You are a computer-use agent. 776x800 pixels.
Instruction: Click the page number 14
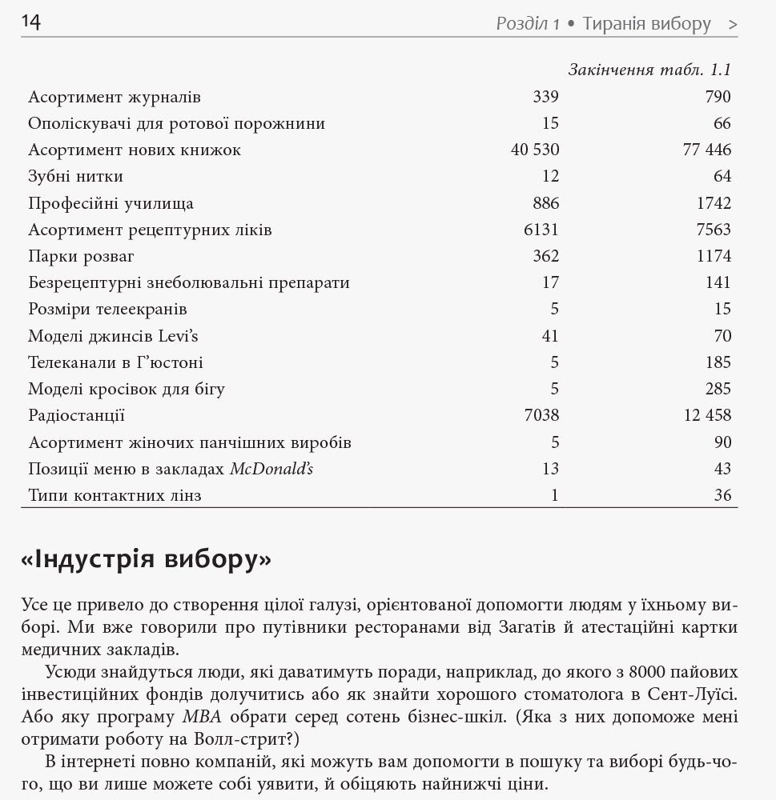tap(30, 22)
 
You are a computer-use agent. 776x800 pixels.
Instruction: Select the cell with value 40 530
tap(535, 150)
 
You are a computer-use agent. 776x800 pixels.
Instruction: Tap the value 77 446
tap(707, 150)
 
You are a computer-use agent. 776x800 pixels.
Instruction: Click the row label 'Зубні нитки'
tap(75, 176)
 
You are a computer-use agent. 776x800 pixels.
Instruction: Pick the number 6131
tap(541, 230)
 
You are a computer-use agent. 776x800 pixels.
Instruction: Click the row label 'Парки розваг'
tap(81, 256)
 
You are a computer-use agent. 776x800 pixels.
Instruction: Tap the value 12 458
tap(707, 415)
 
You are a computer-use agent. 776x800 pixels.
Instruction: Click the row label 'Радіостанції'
tap(76, 415)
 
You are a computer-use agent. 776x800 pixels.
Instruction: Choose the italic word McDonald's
tap(271, 469)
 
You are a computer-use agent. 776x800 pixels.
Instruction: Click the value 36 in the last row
tap(722, 495)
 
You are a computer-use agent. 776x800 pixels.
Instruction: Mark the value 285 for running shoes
tap(718, 389)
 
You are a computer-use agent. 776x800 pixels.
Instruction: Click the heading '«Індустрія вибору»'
tap(146, 559)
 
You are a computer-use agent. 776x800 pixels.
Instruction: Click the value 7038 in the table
tap(541, 415)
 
